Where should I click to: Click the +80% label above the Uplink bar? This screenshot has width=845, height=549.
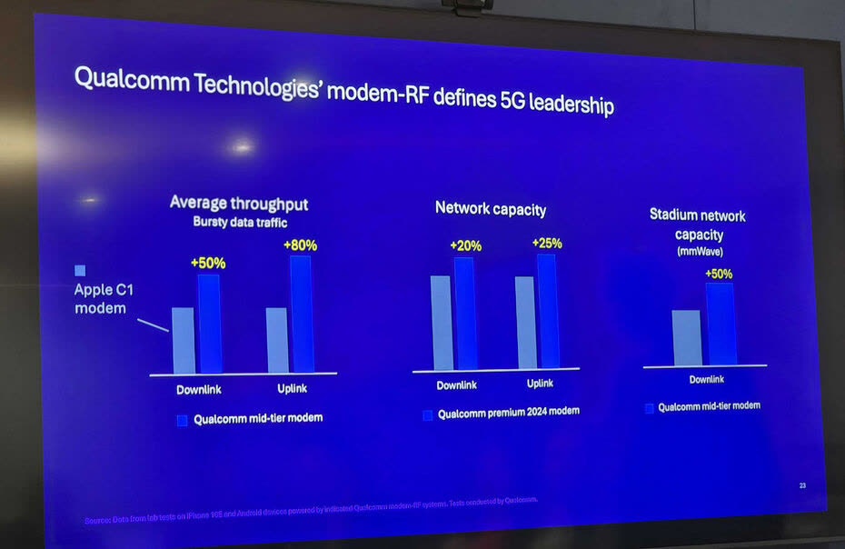coord(300,245)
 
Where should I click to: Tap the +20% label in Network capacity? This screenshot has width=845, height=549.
coord(464,245)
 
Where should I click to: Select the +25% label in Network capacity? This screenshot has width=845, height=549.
coord(546,243)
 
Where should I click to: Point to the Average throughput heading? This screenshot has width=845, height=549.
coord(239,203)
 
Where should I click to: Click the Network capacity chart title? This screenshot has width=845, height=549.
coord(491,209)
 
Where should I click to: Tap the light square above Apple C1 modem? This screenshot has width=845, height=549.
coord(80,270)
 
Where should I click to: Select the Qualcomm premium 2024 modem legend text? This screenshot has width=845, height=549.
coord(508,412)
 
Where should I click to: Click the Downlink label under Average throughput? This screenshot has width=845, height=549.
coord(198,389)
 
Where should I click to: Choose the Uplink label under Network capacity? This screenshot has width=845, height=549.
coord(540,384)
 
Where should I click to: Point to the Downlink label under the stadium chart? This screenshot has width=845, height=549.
coord(706,379)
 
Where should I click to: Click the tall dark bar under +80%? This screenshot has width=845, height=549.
coord(301,314)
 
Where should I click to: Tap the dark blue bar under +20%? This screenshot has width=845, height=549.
coord(465,313)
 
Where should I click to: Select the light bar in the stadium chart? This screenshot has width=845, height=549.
coord(686,337)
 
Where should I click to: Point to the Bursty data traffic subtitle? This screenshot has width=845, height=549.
coord(239,222)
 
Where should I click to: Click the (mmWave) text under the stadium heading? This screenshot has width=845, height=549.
coord(699,252)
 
